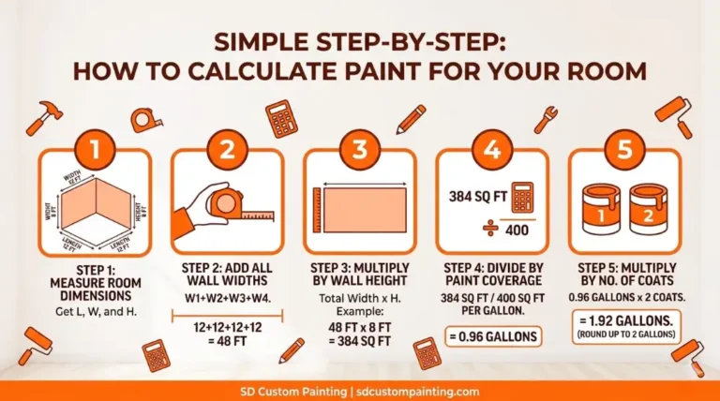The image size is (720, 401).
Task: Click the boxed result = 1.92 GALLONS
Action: [x=625, y=324]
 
